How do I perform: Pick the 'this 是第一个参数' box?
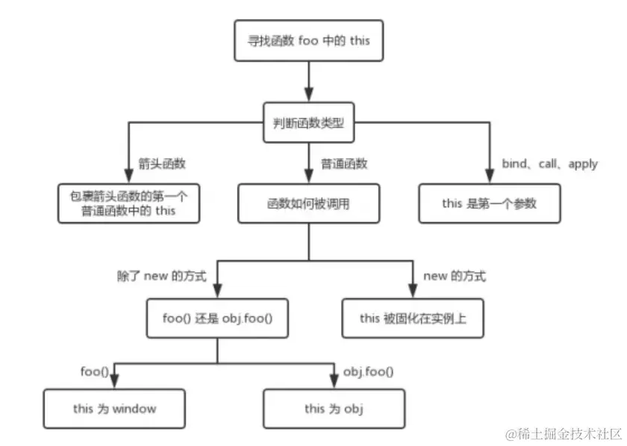[488, 203]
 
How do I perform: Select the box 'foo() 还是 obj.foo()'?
[216, 318]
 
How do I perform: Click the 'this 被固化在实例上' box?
[412, 318]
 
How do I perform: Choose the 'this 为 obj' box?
[334, 408]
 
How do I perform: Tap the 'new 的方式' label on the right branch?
[455, 277]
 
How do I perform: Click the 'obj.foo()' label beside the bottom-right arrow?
[368, 371]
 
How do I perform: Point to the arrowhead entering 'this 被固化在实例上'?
[412, 291]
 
